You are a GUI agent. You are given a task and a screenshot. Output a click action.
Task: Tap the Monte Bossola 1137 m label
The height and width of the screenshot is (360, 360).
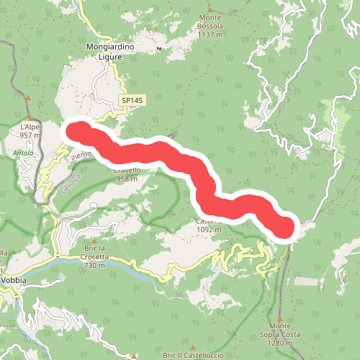pos(210,30)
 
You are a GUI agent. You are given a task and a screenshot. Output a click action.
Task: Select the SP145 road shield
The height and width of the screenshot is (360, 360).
pos(132,101)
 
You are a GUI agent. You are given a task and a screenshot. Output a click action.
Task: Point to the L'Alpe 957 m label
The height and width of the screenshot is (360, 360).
pos(30,130)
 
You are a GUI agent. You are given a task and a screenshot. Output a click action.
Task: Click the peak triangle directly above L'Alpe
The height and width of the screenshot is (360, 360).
pos(27,98)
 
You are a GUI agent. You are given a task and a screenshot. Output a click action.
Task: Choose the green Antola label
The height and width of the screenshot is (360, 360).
pos(23,153)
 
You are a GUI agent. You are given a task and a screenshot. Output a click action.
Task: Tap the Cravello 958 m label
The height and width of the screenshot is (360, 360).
pos(126,174)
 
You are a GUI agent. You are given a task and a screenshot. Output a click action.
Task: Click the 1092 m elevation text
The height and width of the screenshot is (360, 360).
pos(206,230)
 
